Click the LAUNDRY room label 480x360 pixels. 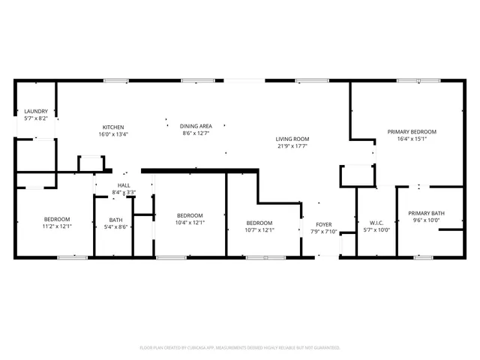[x=36, y=111]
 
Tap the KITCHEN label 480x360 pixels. [x=113, y=127]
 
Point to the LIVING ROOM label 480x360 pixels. [x=292, y=139]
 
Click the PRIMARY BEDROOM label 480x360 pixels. [x=412, y=131]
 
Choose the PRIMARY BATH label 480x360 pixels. [x=427, y=214]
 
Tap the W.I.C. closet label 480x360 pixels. [x=376, y=223]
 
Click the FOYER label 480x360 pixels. [x=323, y=224]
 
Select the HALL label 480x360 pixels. [x=124, y=185]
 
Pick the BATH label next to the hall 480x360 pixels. [x=115, y=220]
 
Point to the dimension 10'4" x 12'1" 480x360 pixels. [x=190, y=222]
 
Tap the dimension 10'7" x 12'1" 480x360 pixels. [x=259, y=229]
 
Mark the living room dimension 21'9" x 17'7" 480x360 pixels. [x=292, y=145]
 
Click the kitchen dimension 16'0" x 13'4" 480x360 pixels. [x=113, y=134]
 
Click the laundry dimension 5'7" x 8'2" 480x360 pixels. [x=36, y=118]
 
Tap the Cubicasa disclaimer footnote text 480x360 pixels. [x=240, y=348]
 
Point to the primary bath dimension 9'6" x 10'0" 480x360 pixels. [x=427, y=220]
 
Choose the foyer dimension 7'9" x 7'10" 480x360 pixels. [x=323, y=231]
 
